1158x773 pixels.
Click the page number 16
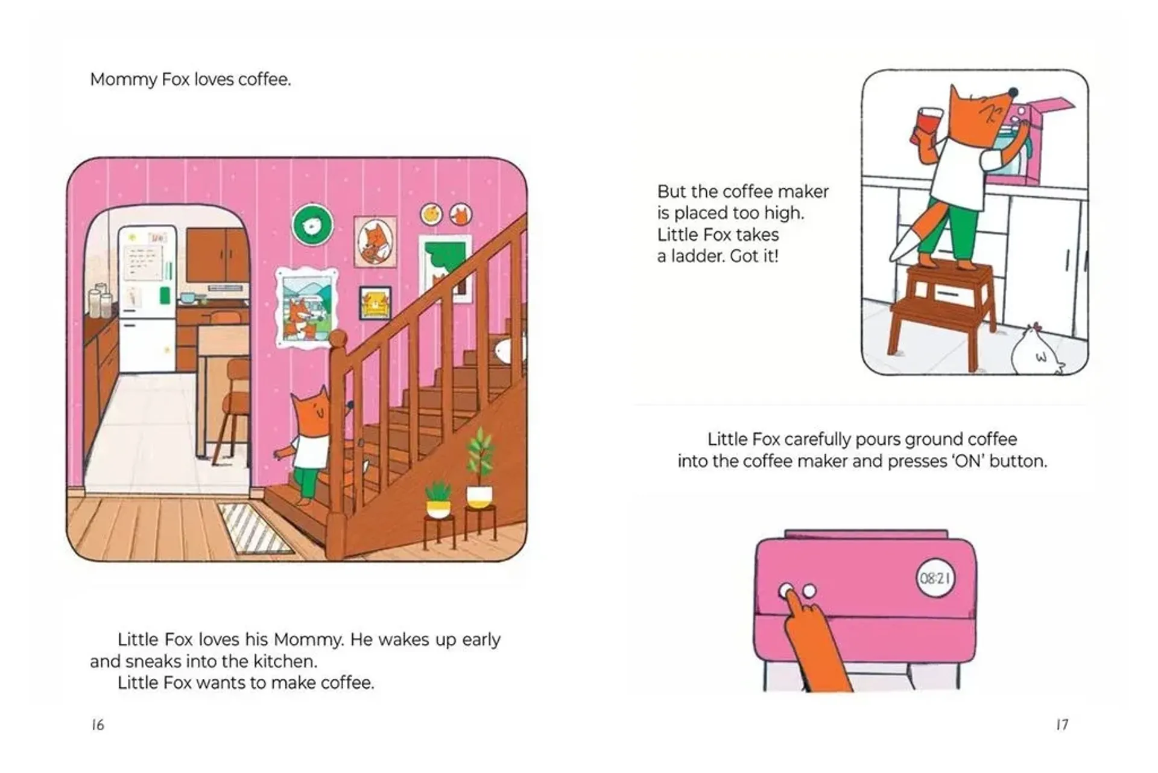[98, 725]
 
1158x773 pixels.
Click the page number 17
[1062, 725]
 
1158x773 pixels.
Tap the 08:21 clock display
[935, 579]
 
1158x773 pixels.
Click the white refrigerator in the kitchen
[147, 299]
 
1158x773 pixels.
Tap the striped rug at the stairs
[255, 528]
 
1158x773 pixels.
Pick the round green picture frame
[312, 224]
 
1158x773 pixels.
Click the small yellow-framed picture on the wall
[375, 303]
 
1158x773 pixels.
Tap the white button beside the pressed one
[809, 590]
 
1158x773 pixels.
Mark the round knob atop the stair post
[338, 341]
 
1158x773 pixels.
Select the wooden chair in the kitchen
[232, 410]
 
